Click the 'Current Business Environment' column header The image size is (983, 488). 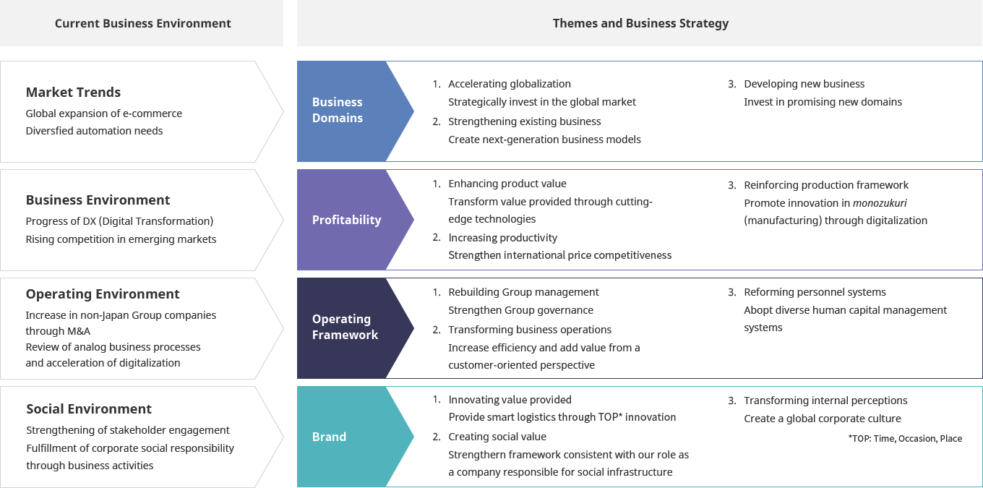point(142,23)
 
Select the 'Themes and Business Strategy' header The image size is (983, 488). point(640,23)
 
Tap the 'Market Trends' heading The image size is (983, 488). point(73,92)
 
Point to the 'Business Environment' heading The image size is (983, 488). point(98,200)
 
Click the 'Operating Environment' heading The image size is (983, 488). point(103,294)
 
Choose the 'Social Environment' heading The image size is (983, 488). point(89,408)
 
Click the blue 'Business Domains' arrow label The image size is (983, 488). point(338,110)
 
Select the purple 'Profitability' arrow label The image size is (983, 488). point(346,220)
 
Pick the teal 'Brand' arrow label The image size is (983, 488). point(329,437)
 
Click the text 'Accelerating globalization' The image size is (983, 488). point(509,84)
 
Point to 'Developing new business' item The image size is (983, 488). point(804,84)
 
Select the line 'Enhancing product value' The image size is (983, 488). point(507,184)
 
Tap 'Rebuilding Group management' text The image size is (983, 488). point(523,292)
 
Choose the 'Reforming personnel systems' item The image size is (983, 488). point(815,292)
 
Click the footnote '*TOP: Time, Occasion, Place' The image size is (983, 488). point(905,438)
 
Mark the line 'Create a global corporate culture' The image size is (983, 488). point(822,419)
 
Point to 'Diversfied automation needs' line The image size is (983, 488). point(94,131)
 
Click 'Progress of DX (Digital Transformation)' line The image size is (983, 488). point(119,221)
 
